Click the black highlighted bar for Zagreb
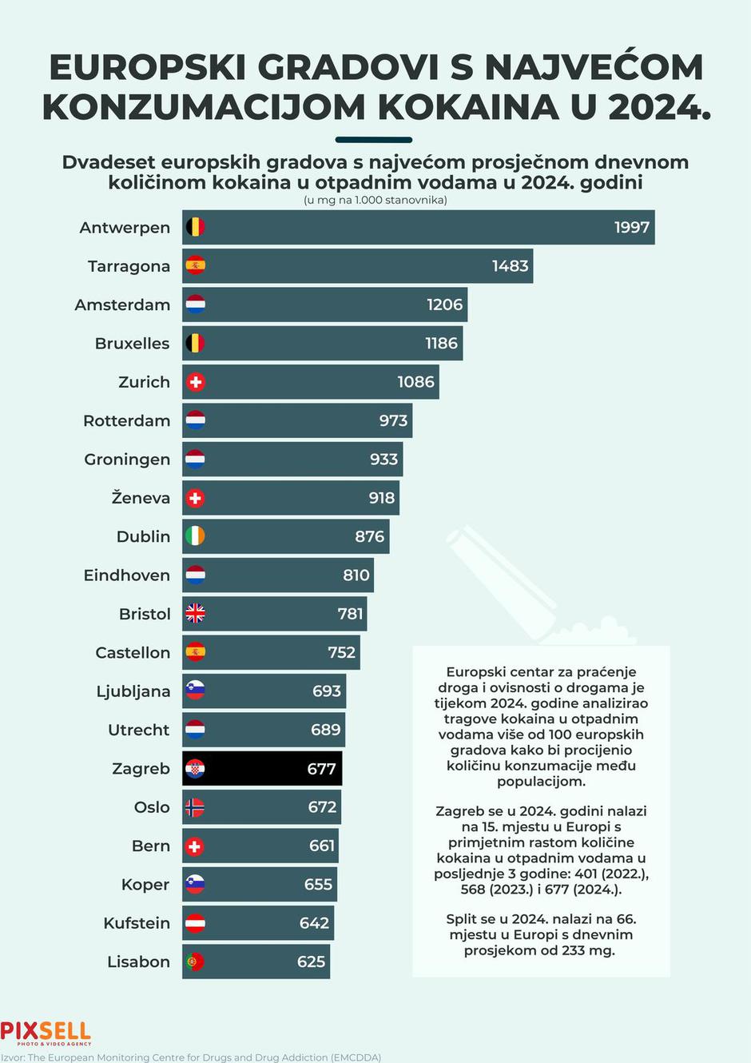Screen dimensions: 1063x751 click(262, 769)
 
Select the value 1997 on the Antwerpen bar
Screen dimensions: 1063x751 click(631, 228)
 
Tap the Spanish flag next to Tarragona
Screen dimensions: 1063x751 click(195, 266)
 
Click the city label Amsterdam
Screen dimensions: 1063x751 click(122, 305)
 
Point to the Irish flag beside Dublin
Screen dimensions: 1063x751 click(195, 536)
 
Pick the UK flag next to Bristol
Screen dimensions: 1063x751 click(195, 614)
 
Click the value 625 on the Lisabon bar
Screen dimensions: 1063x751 click(311, 962)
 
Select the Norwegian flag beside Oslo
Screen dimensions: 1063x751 click(195, 807)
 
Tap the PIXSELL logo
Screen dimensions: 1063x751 click(46, 1033)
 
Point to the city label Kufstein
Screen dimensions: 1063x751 click(137, 923)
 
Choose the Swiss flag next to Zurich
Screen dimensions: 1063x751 click(195, 382)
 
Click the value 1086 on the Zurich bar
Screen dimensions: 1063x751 click(415, 382)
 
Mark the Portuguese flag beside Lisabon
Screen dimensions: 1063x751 click(195, 962)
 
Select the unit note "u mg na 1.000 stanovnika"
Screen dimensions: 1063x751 click(375, 200)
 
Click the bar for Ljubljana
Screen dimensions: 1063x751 click(264, 691)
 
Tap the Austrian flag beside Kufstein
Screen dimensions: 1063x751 click(195, 923)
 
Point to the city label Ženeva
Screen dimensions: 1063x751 click(141, 498)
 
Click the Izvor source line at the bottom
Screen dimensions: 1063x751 click(191, 1057)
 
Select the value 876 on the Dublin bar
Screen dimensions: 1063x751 click(369, 536)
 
